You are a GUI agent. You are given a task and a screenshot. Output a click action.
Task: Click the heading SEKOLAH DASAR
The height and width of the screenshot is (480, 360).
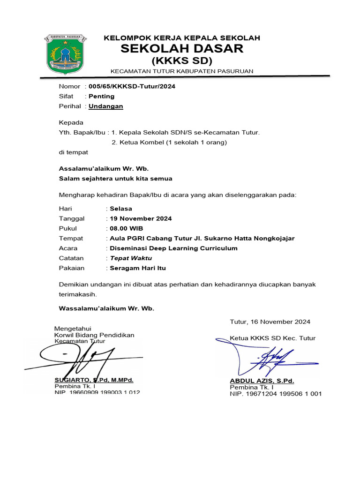pos(181,49)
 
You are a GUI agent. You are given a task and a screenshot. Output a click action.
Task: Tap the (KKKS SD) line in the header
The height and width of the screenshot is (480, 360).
pos(181,61)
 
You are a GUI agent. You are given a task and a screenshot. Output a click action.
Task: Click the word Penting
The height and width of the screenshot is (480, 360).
pos(102,96)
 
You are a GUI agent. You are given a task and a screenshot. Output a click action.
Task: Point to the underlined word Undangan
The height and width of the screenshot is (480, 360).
pos(106,106)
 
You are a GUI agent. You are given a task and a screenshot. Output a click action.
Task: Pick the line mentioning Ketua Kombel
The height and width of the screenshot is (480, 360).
pos(169,142)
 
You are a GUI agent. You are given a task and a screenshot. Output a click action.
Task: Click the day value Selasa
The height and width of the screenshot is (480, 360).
pos(121,209)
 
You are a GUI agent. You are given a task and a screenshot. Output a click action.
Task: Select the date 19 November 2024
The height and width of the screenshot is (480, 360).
pos(141,218)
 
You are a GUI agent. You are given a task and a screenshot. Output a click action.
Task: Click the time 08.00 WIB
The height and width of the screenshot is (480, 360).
pos(127,228)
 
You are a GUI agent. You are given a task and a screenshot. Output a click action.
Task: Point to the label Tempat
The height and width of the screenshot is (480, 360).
pos(71,239)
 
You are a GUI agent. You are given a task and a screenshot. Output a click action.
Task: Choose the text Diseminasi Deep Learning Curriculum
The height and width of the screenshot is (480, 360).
pos(173,248)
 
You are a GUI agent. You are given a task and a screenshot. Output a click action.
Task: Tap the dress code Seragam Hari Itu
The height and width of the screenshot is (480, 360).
pos(138,268)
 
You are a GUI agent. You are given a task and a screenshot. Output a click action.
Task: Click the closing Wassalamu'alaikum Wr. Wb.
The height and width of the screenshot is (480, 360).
pos(106,308)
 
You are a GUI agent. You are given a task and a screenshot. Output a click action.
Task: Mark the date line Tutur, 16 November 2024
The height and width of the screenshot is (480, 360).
pos(270,322)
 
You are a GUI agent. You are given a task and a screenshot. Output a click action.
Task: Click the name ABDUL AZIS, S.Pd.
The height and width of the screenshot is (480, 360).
pos(262,381)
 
